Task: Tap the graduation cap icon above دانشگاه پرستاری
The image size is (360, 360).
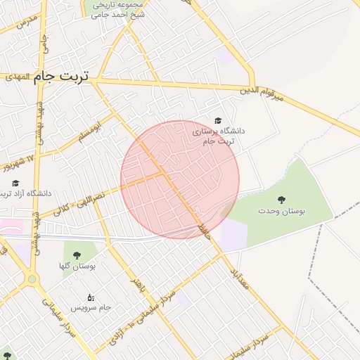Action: pyautogui.click(x=217, y=121)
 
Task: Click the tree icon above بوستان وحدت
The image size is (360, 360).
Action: pyautogui.click(x=282, y=200)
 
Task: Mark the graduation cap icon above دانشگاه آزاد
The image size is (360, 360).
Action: pyautogui.click(x=16, y=183)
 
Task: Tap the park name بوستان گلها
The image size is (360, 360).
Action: pyautogui.click(x=76, y=266)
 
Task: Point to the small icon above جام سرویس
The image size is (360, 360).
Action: pyautogui.click(x=91, y=297)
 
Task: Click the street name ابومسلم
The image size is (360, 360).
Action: pyautogui.click(x=92, y=127)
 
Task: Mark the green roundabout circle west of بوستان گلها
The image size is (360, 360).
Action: pyautogui.click(x=32, y=279)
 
